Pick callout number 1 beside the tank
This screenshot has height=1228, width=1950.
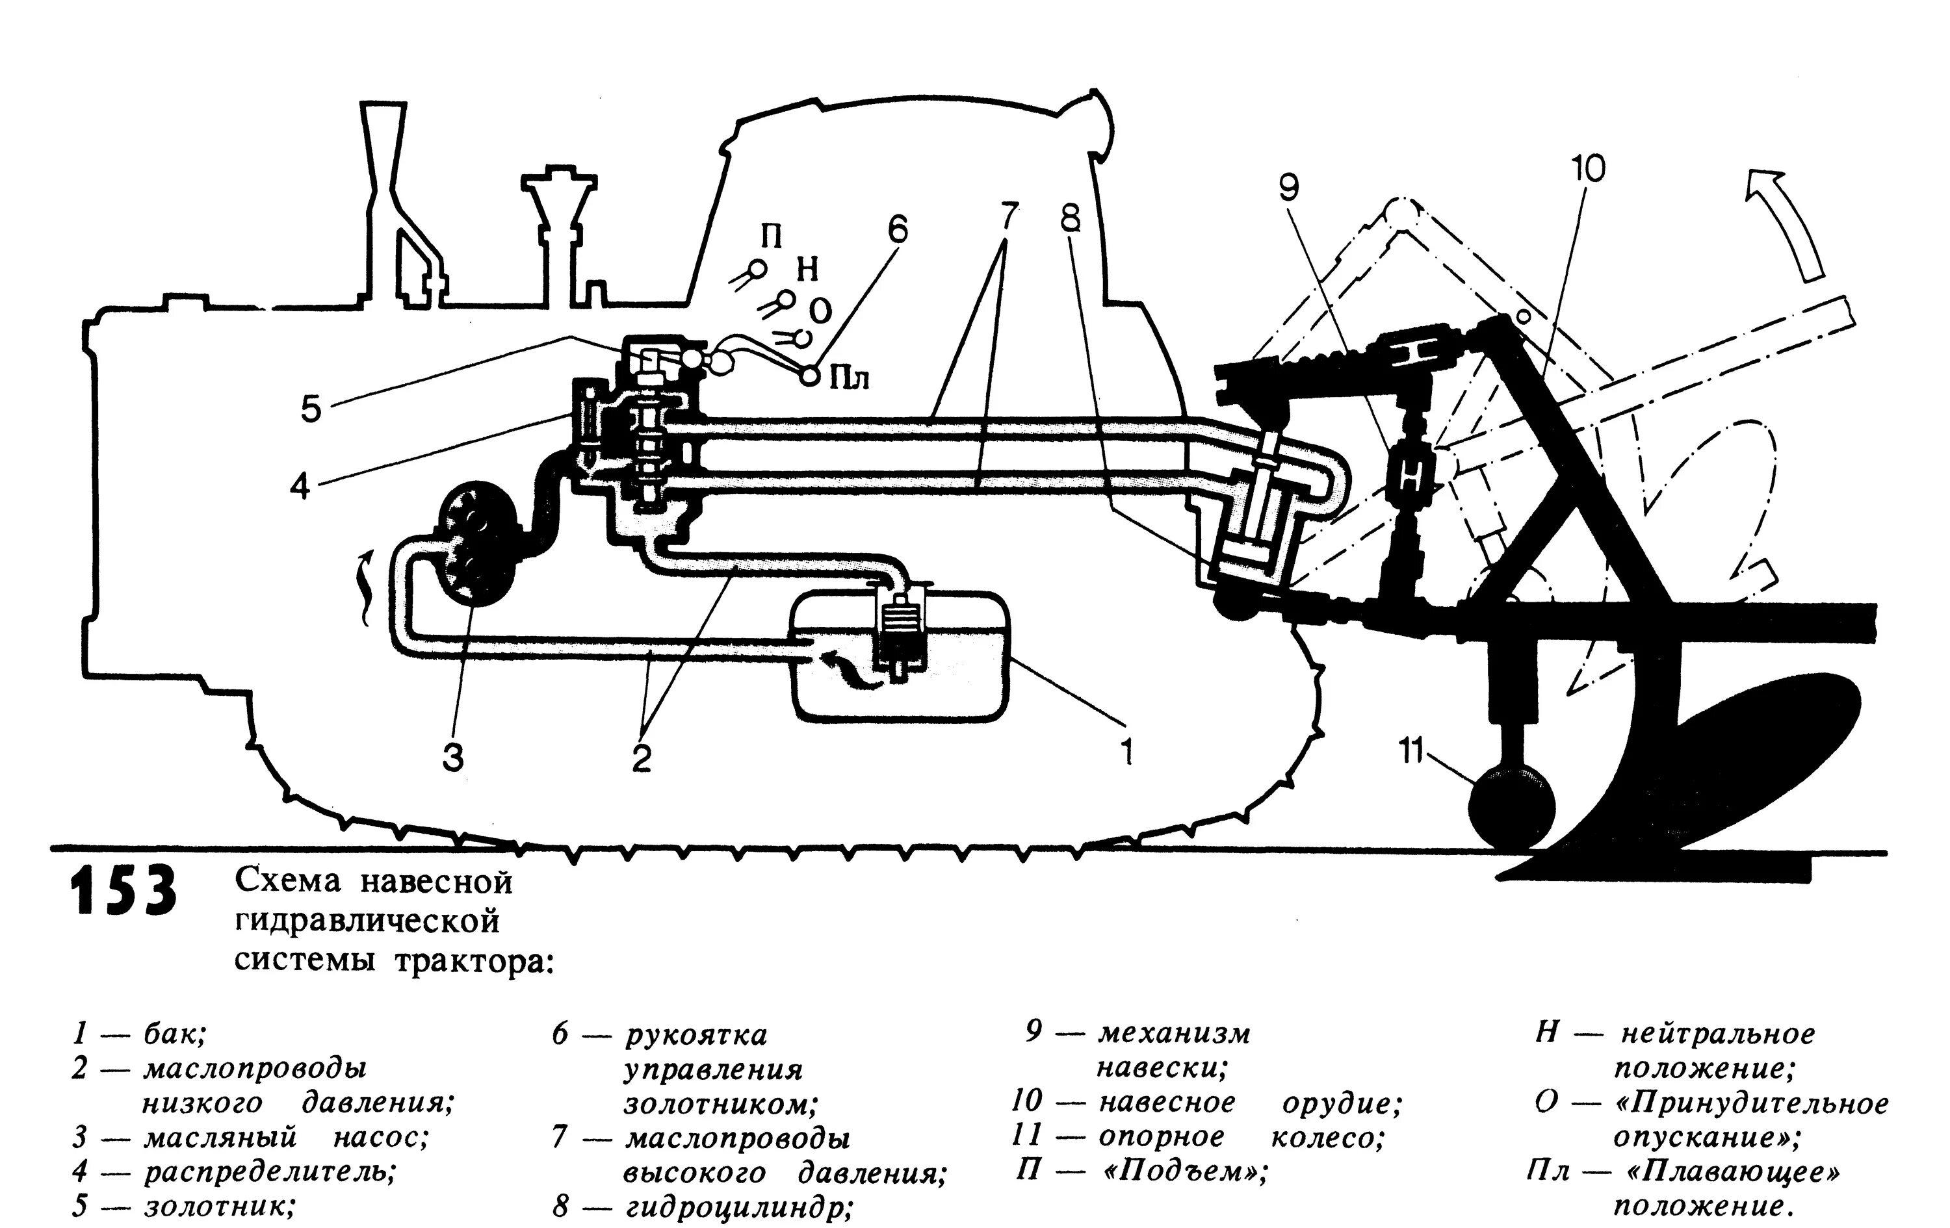(x=1126, y=751)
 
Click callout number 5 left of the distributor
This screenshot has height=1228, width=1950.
(x=311, y=409)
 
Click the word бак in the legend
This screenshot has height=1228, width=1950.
(x=175, y=1034)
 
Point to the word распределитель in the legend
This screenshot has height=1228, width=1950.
(x=270, y=1171)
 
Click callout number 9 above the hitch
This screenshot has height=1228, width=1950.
(x=1288, y=188)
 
